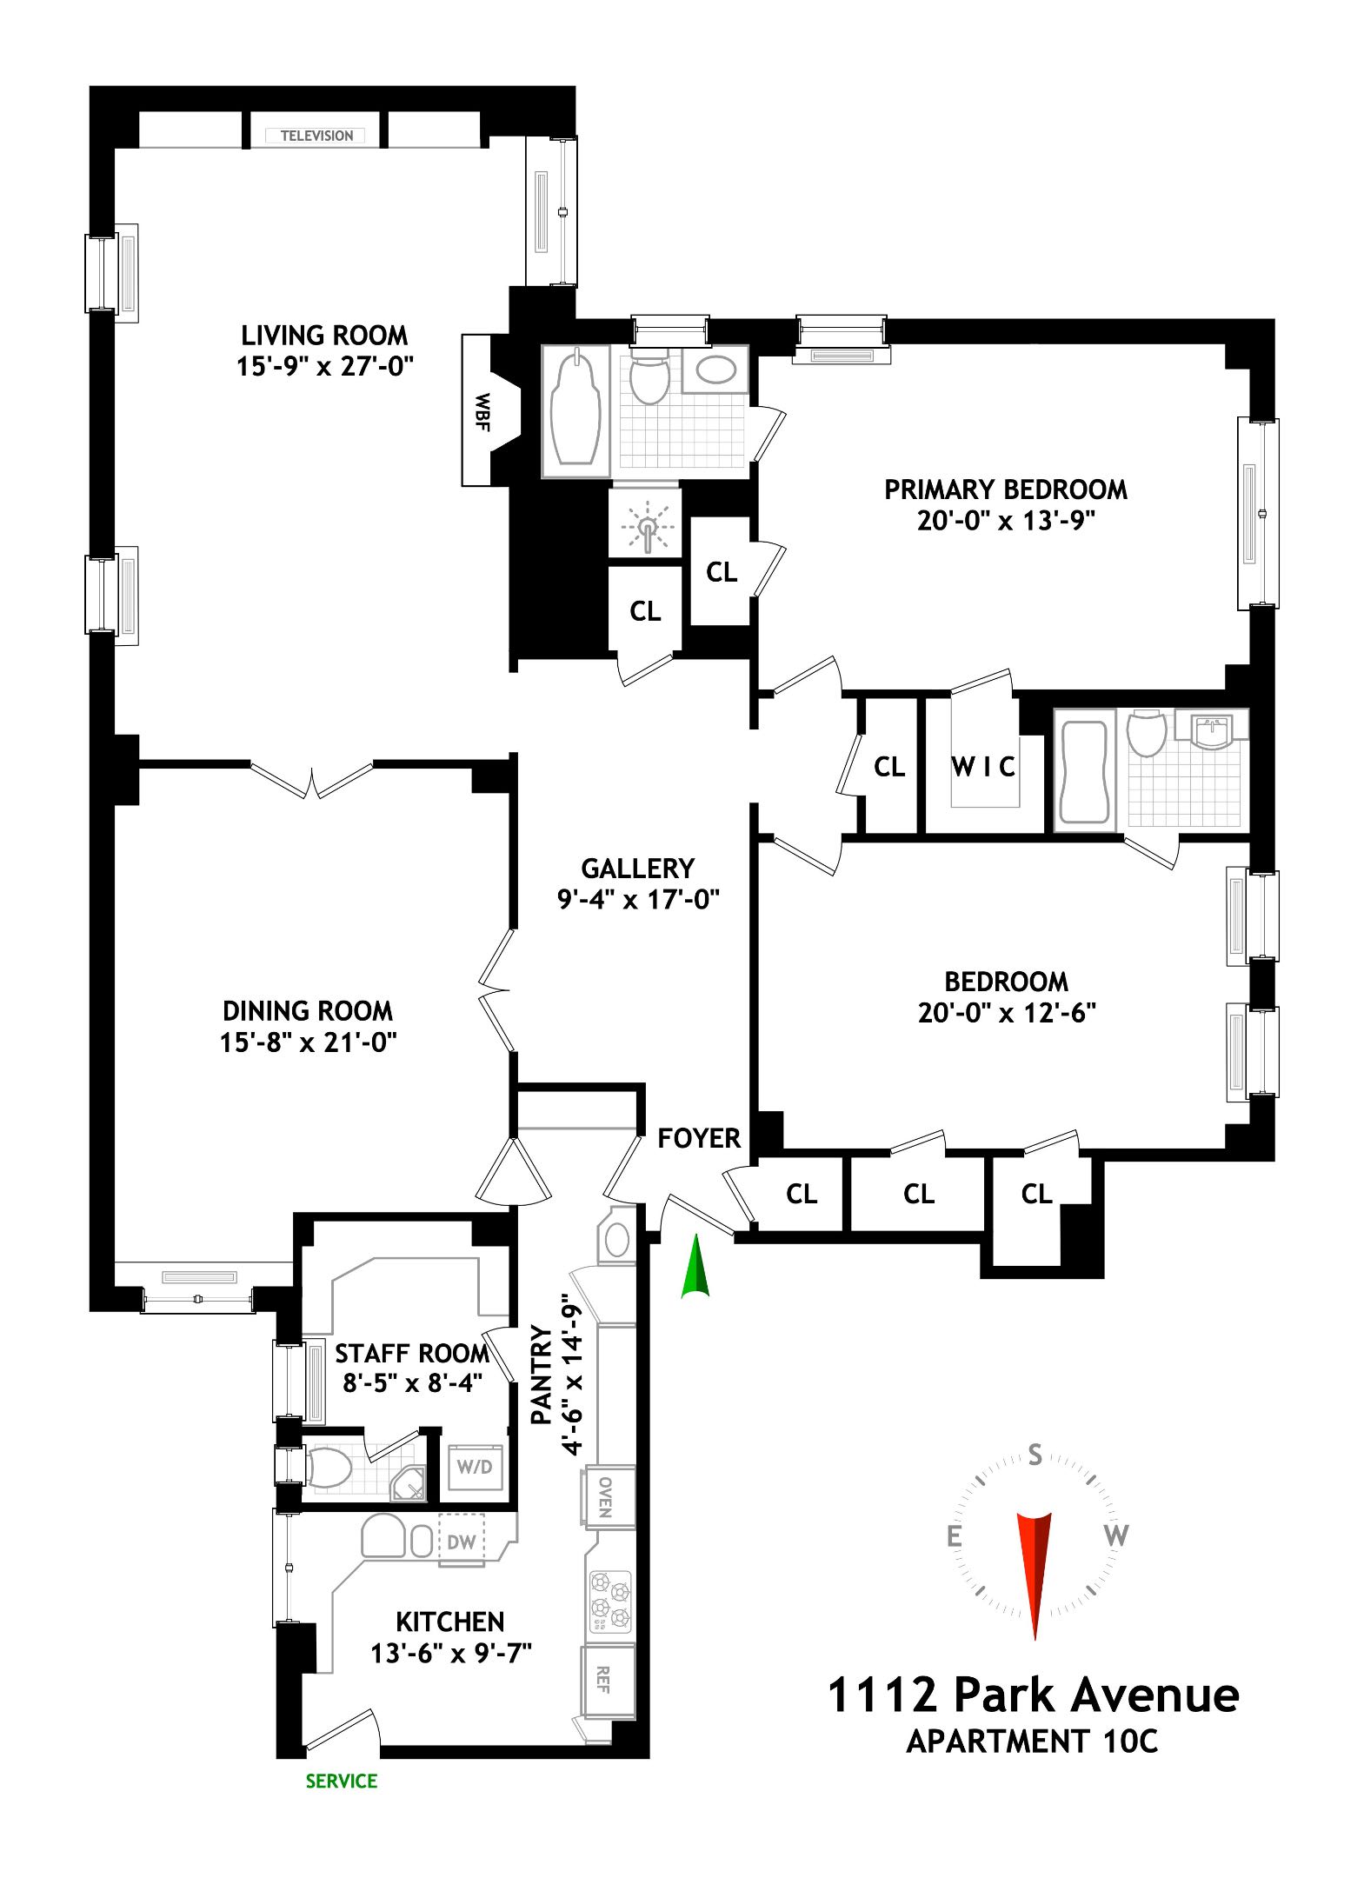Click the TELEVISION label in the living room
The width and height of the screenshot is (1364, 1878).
tap(316, 136)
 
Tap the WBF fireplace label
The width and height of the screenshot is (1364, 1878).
tap(481, 411)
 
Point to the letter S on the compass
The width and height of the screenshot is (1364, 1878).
tap(1035, 1455)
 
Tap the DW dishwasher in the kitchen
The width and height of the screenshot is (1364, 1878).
tap(461, 1542)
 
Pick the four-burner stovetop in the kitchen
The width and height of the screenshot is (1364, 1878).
tap(609, 1600)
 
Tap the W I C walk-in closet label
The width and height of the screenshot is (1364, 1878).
tap(982, 767)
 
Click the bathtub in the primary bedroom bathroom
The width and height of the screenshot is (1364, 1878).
tap(576, 410)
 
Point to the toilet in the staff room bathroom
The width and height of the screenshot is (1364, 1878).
tap(329, 1468)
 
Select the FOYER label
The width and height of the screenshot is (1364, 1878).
tap(698, 1138)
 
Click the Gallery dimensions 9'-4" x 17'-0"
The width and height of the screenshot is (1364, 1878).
tap(638, 899)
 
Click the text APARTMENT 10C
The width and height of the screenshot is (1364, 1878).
tap(1032, 1741)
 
